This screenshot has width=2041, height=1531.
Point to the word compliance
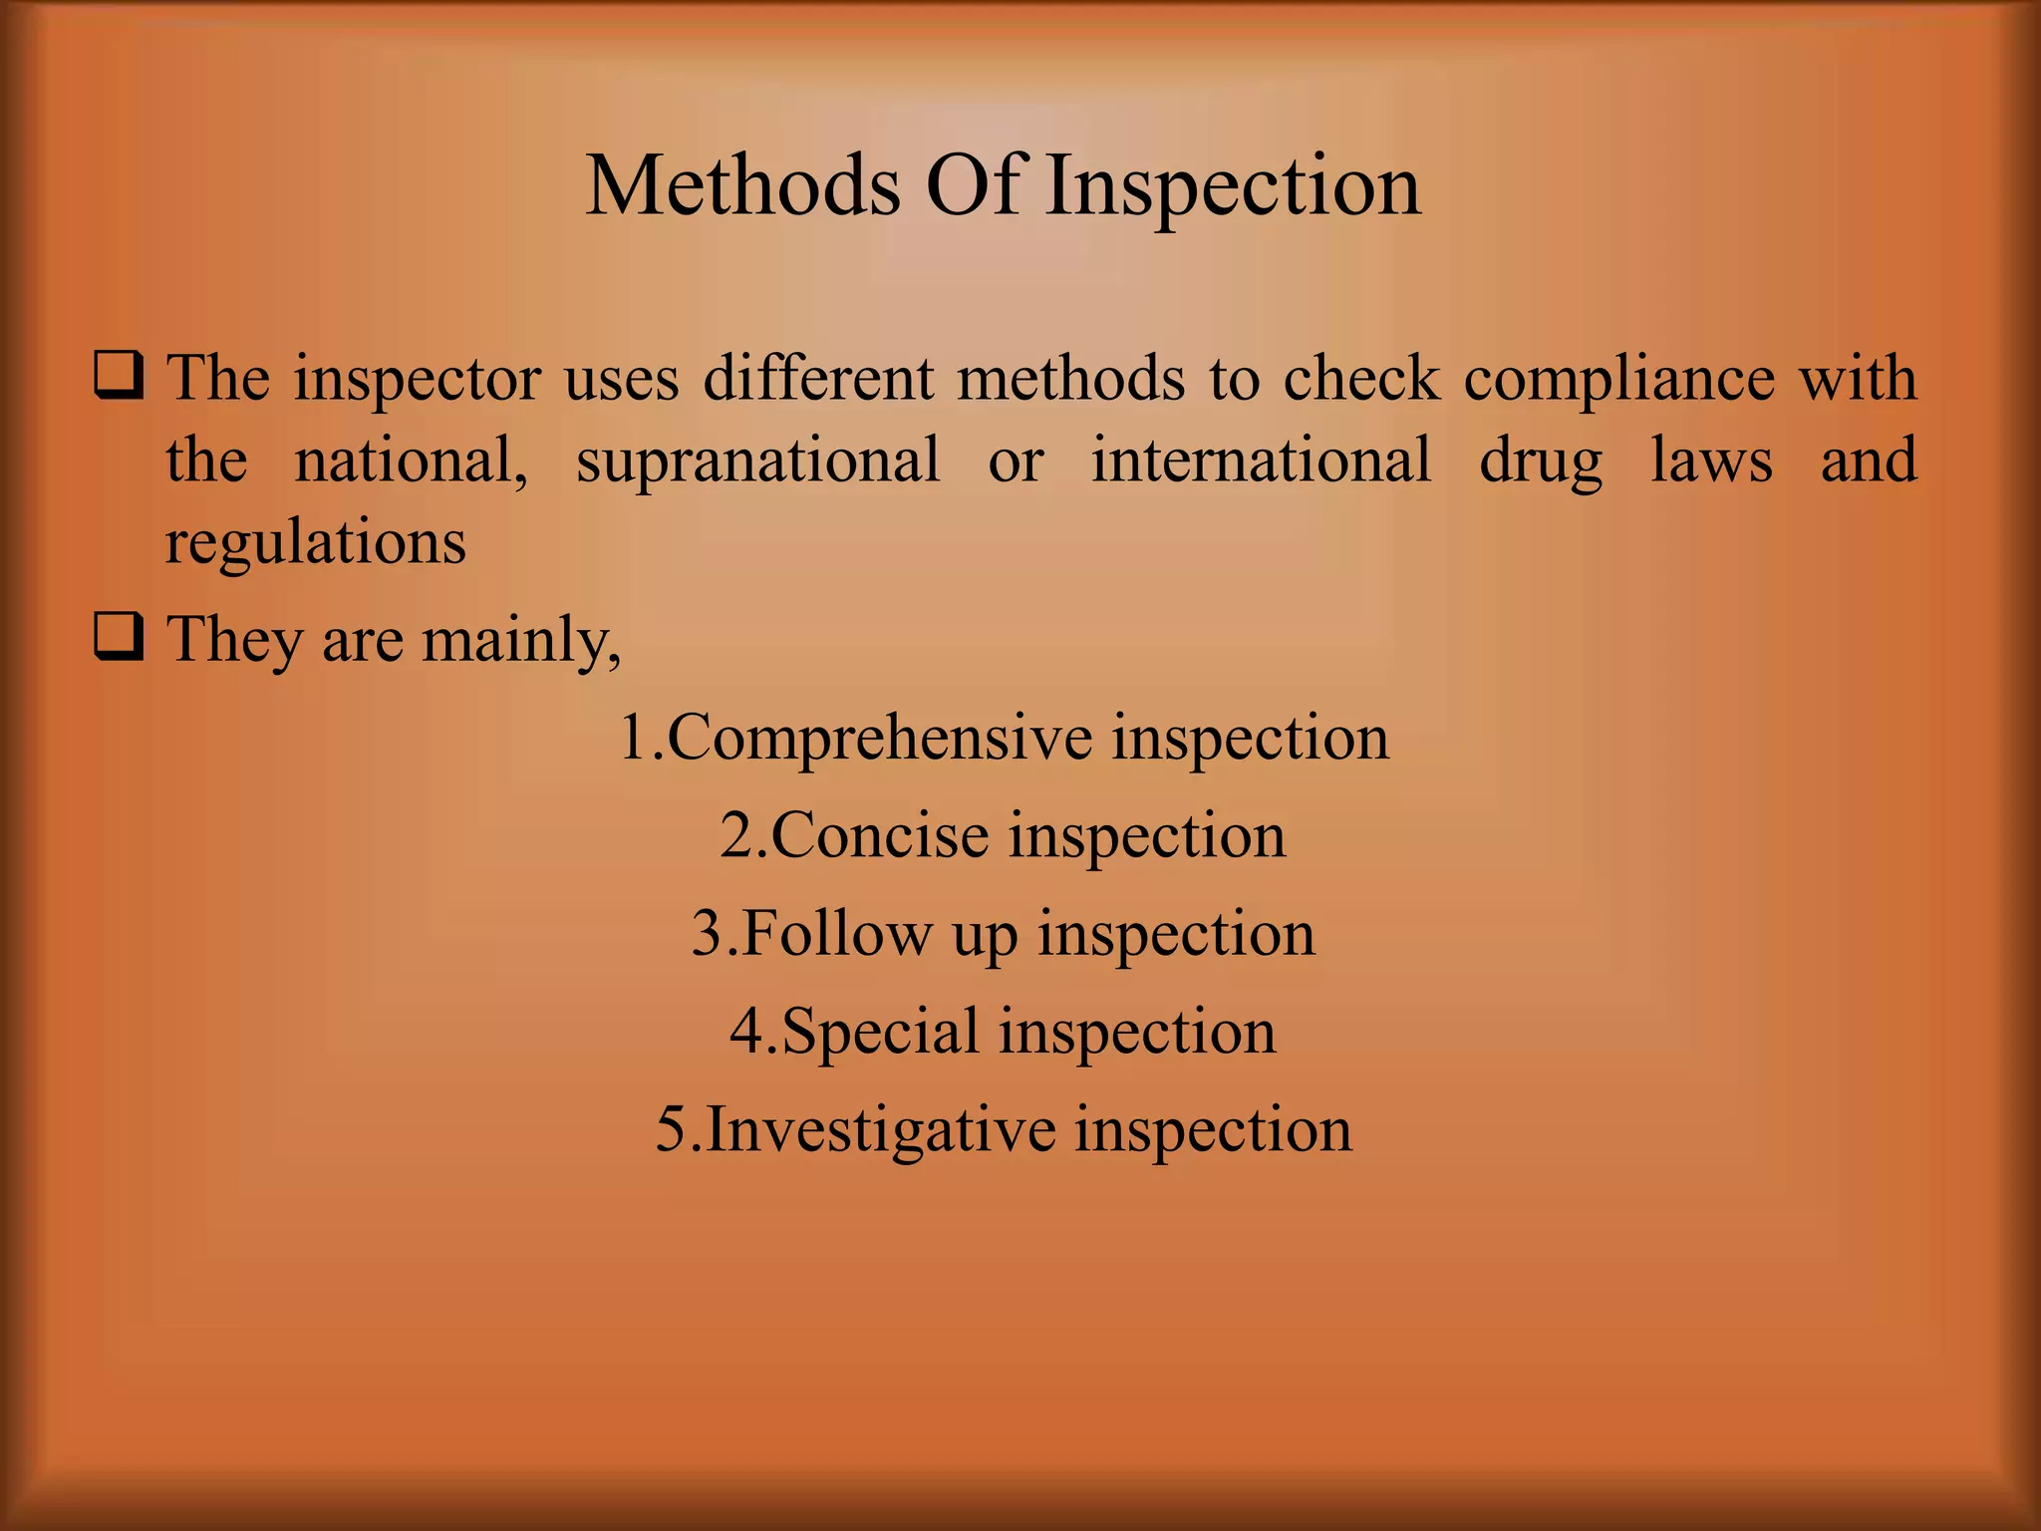click(1619, 380)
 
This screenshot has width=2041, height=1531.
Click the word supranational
click(757, 461)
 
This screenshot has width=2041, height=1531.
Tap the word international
click(1260, 461)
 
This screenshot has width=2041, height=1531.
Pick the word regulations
click(315, 544)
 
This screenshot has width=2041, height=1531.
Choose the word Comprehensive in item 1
click(877, 739)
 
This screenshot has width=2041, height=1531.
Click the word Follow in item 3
click(834, 934)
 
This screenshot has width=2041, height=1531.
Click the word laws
click(1711, 461)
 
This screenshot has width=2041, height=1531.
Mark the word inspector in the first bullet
click(418, 380)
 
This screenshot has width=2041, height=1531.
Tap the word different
click(818, 380)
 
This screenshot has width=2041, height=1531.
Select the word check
click(1361, 380)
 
